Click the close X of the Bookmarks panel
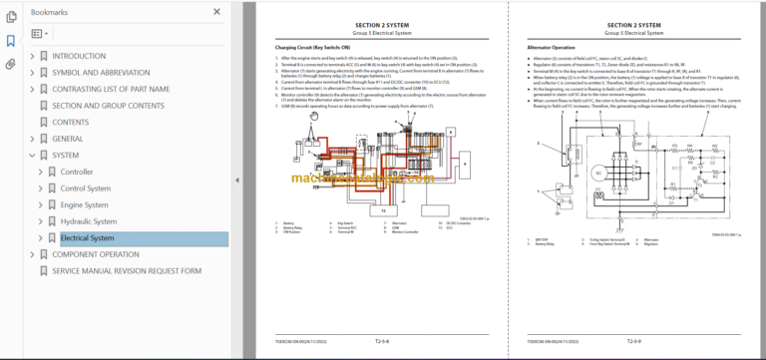pyautogui.click(x=216, y=12)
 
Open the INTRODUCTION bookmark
pyautogui.click(x=79, y=56)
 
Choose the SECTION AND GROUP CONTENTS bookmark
pyautogui.click(x=109, y=106)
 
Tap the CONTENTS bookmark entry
pyautogui.click(x=70, y=122)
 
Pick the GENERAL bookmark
pyautogui.click(x=68, y=139)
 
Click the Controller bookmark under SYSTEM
pyautogui.click(x=77, y=172)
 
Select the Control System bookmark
pyautogui.click(x=86, y=188)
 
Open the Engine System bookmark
pyautogui.click(x=84, y=204)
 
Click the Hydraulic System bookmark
pyautogui.click(x=89, y=221)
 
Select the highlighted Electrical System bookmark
pyautogui.click(x=88, y=238)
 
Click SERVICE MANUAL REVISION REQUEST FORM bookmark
pyautogui.click(x=127, y=271)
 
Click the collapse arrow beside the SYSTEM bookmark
pyautogui.click(x=32, y=156)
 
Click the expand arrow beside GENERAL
pyautogui.click(x=32, y=139)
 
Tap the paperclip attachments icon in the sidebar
pyautogui.click(x=11, y=64)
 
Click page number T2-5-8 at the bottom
pyautogui.click(x=380, y=338)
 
